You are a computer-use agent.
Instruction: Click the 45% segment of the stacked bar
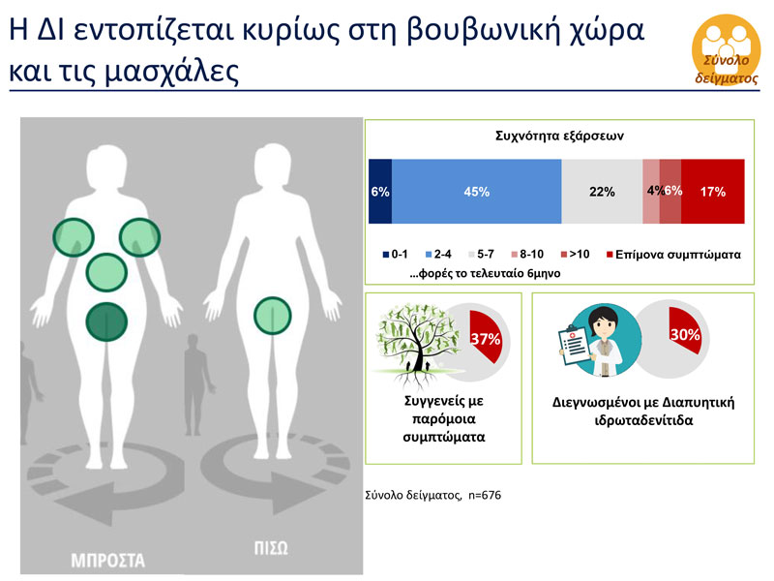(x=476, y=192)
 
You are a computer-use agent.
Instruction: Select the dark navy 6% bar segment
(x=380, y=192)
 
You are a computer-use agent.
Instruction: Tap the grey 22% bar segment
(x=602, y=192)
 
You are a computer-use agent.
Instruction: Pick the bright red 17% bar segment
(x=713, y=192)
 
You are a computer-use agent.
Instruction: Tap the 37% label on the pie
(x=484, y=339)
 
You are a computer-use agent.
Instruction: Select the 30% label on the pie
(x=684, y=335)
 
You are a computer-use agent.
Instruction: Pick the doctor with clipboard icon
(x=593, y=343)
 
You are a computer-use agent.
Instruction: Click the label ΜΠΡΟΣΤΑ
(x=107, y=560)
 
